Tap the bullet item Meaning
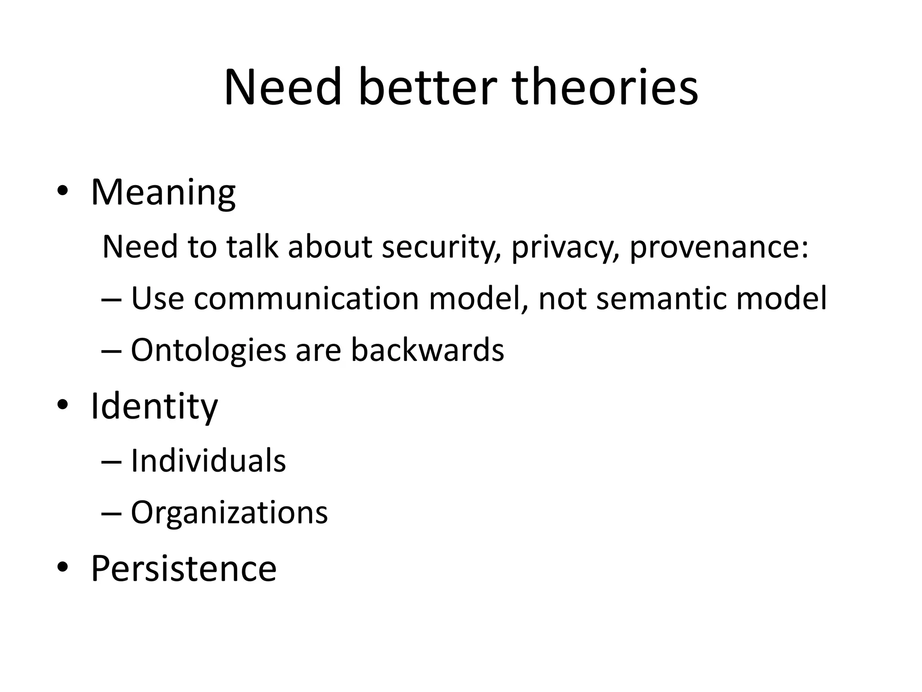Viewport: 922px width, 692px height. pyautogui.click(x=163, y=192)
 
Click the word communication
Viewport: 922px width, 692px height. pyautogui.click(x=306, y=298)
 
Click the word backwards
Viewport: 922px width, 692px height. pyautogui.click(x=427, y=350)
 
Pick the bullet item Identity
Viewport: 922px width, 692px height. pyautogui.click(x=154, y=406)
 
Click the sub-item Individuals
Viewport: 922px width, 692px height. pyautogui.click(x=208, y=461)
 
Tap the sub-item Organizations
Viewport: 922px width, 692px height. pyautogui.click(x=229, y=512)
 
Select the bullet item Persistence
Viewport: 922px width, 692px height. pyautogui.click(x=184, y=568)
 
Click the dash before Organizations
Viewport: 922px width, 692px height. pyautogui.click(x=112, y=513)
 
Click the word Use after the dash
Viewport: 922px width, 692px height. pyautogui.click(x=157, y=298)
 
